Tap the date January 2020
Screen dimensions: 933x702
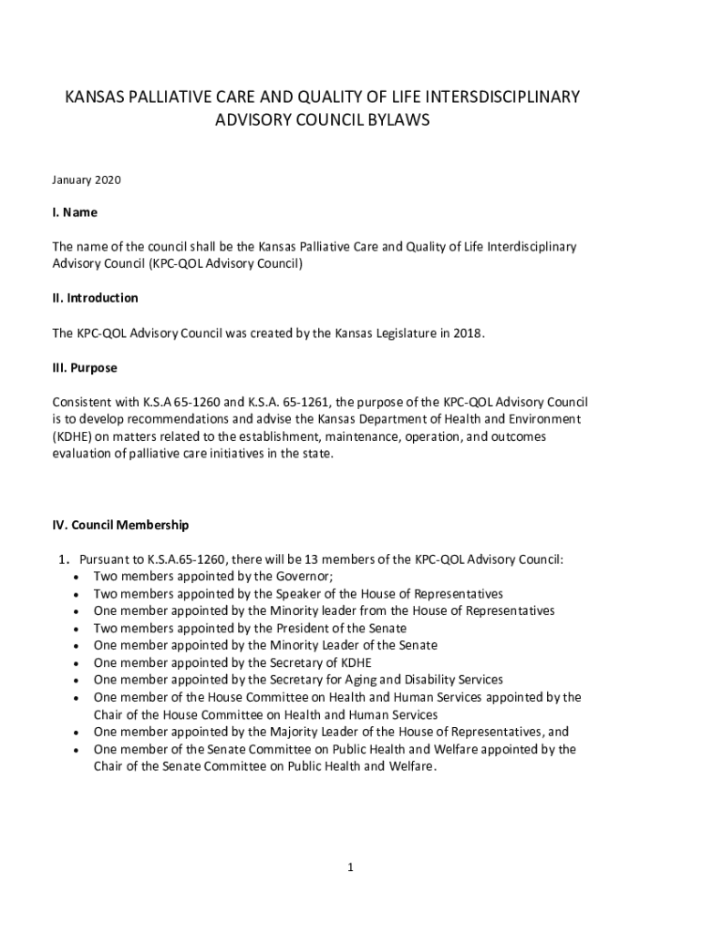coord(87,180)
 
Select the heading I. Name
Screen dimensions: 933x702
coord(75,212)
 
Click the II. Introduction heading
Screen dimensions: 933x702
coord(95,298)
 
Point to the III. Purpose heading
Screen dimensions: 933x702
coord(85,368)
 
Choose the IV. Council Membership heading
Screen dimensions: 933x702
coord(120,525)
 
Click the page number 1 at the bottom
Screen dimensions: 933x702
coord(350,867)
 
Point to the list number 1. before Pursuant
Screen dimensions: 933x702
coord(66,559)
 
